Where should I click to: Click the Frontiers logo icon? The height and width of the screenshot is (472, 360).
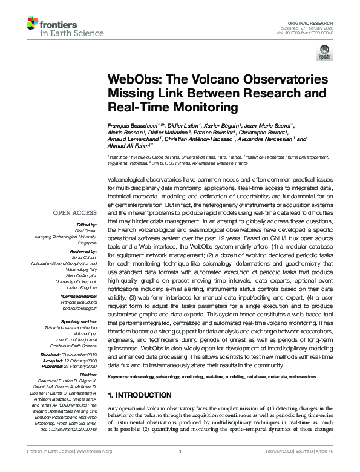[x=33, y=24]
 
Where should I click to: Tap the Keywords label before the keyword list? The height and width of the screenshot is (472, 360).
[x=120, y=376]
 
